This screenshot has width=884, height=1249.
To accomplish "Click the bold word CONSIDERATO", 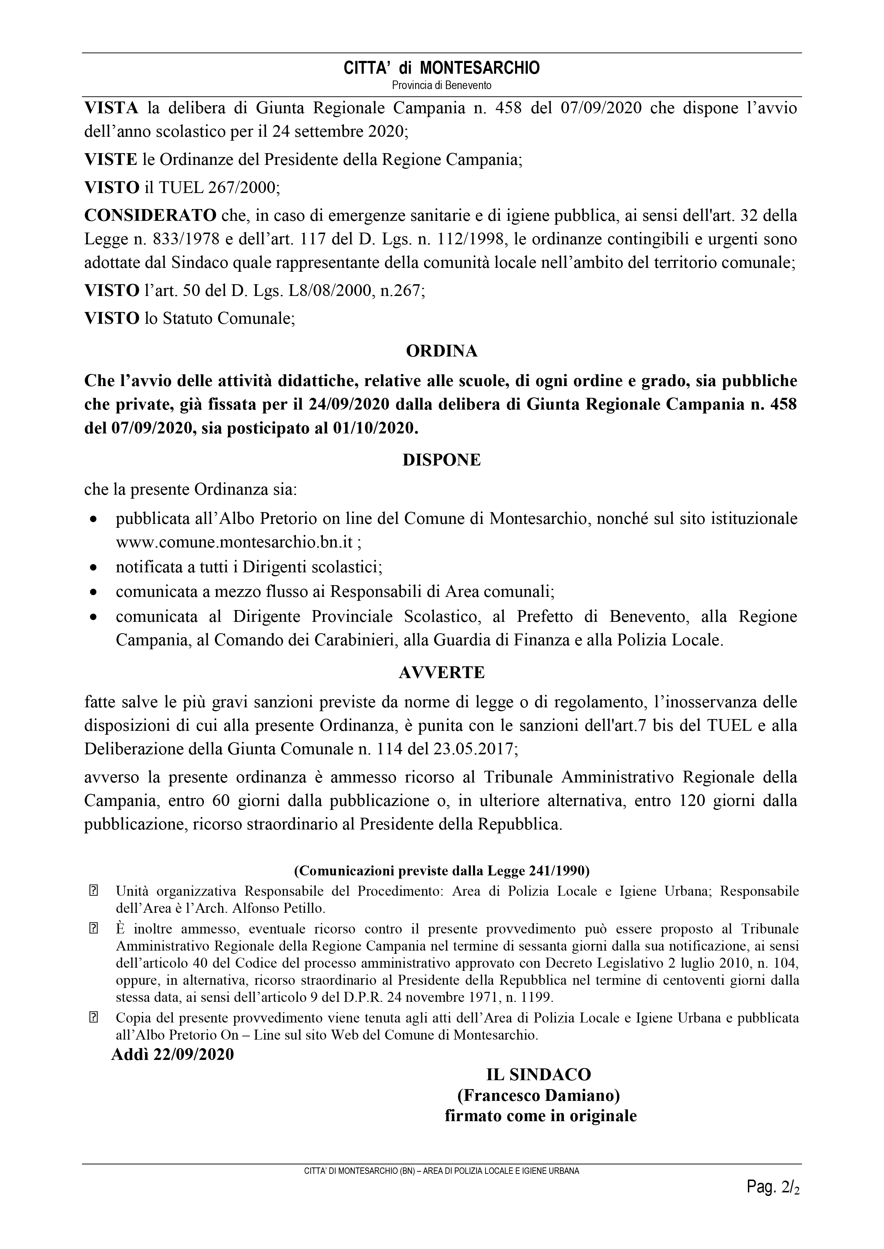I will (150, 216).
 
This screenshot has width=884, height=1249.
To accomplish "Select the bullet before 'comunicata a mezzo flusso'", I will (94, 592).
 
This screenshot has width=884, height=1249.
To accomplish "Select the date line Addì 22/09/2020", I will (173, 1054).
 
